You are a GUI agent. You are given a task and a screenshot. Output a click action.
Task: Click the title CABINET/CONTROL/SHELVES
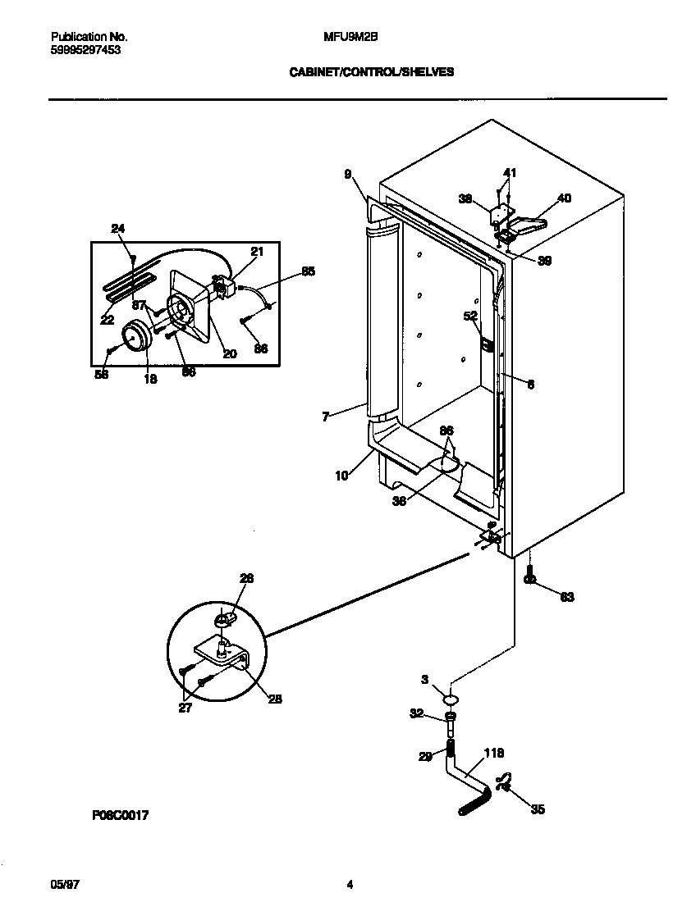[x=371, y=72]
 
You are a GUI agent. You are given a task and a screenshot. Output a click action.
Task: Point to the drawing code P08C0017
[x=121, y=816]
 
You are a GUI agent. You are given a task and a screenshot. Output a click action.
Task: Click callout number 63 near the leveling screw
[x=567, y=597]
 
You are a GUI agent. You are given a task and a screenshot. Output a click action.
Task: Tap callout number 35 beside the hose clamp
[x=538, y=810]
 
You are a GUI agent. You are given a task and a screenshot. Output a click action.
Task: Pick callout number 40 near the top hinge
[x=564, y=198]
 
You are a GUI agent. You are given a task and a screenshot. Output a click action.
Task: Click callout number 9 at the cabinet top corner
[x=348, y=174]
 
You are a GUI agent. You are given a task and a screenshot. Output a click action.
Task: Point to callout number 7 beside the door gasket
[x=326, y=417]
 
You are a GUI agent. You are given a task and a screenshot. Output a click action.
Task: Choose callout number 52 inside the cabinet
[x=471, y=316]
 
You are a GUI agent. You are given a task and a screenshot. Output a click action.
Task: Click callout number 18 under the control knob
[x=151, y=379]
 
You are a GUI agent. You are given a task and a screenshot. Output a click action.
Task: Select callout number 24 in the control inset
[x=118, y=228]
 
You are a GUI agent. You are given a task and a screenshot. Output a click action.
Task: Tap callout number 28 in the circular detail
[x=275, y=699]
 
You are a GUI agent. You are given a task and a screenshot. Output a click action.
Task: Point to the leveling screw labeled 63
[x=530, y=576]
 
